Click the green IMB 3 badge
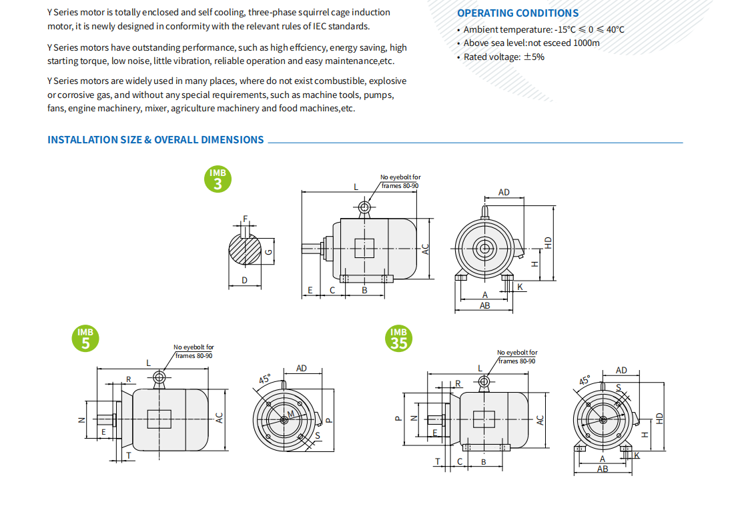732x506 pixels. point(218,179)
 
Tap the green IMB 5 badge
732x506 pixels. point(85,338)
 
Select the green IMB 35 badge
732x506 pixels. point(398,339)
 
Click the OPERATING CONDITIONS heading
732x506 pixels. point(518,13)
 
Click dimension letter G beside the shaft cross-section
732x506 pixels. point(268,251)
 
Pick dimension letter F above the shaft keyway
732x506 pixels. point(246,219)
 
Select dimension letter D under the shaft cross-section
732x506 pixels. point(244,280)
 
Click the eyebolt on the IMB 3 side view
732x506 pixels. point(364,208)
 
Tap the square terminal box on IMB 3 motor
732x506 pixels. point(364,248)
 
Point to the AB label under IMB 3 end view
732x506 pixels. point(485,305)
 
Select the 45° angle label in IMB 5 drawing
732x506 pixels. point(265,380)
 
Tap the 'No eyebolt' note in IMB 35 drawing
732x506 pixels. point(517,357)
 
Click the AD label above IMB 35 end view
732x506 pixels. point(621,370)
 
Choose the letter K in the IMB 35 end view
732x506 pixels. point(637,455)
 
